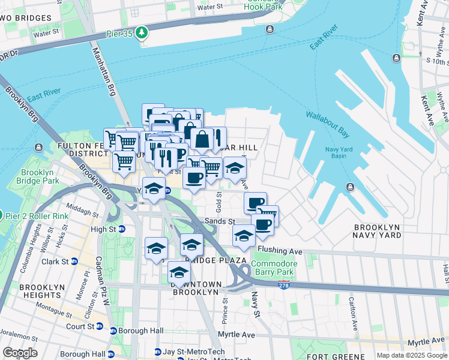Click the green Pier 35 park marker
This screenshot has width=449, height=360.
point(142,32)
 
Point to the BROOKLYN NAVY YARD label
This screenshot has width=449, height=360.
point(385,232)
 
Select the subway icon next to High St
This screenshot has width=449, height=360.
point(122,229)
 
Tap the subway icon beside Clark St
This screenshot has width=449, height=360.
point(74,262)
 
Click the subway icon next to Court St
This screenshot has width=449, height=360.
point(113,331)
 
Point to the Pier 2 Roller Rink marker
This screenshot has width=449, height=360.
point(1,215)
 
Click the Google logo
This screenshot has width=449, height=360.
point(20,353)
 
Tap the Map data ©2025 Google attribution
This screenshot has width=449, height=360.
point(412,355)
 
